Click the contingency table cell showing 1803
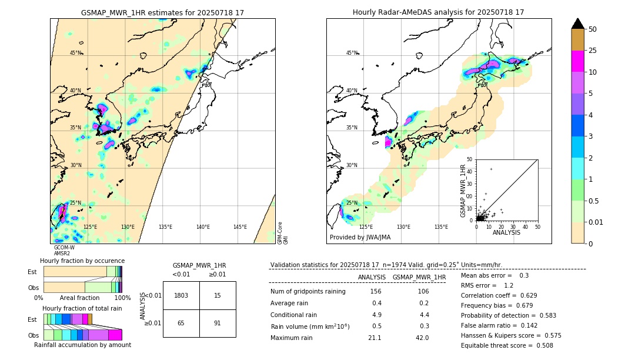pos(181,295)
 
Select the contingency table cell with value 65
pos(181,323)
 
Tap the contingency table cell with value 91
pos(218,323)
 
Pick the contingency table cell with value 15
pos(218,295)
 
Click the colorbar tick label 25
pos(593,51)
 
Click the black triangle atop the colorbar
pos(578,24)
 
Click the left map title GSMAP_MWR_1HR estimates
pos(162,12)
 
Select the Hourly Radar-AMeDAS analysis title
pos(438,12)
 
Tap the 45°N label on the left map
pos(75,53)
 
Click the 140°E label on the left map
pos(203,227)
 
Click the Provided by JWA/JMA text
pos(360,238)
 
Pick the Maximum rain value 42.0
pos(422,338)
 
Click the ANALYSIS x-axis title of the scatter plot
pos(506,232)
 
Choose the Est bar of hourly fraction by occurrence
pos(82,271)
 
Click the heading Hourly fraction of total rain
pos(82,308)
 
